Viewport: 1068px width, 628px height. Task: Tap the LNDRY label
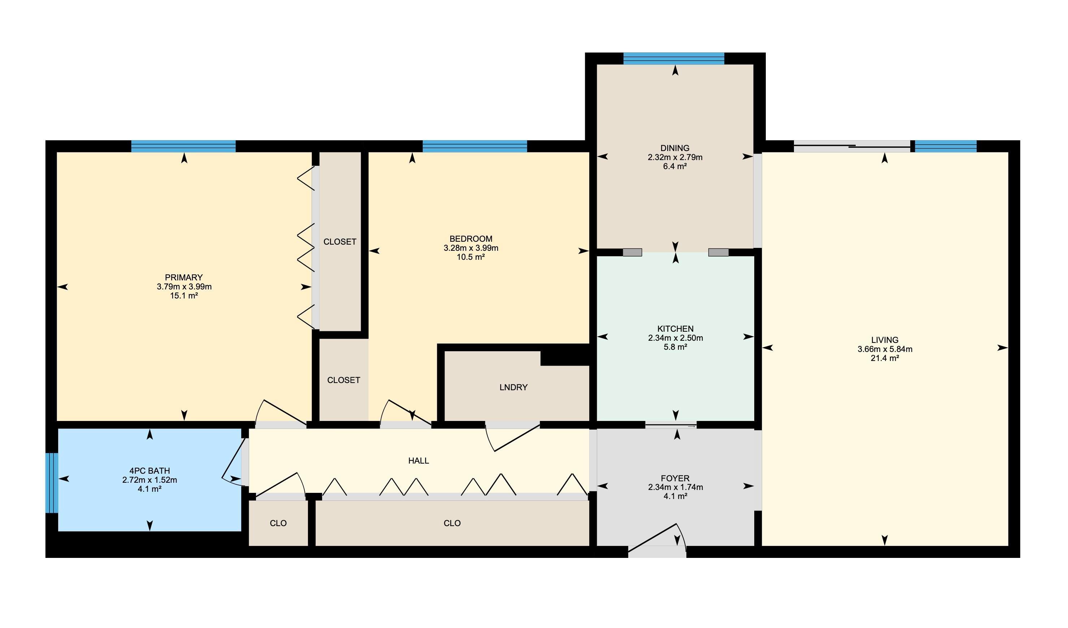(513, 387)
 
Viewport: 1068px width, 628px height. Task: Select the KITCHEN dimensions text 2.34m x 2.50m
(675, 338)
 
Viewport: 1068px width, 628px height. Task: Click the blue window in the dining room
(674, 59)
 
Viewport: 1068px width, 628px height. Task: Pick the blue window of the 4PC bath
(52, 483)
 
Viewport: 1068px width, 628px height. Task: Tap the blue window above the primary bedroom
(183, 146)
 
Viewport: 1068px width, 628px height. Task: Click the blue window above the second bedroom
(475, 146)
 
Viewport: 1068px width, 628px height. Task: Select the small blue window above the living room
(946, 146)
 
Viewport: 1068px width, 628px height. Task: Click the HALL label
(419, 460)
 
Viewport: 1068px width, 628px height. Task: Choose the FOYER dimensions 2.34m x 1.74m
(675, 487)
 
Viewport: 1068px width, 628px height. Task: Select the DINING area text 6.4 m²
(675, 166)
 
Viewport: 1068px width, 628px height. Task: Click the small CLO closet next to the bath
(278, 523)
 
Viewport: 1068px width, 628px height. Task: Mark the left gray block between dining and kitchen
(632, 252)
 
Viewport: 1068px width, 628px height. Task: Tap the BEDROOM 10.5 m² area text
(470, 257)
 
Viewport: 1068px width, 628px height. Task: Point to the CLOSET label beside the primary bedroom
(340, 242)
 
